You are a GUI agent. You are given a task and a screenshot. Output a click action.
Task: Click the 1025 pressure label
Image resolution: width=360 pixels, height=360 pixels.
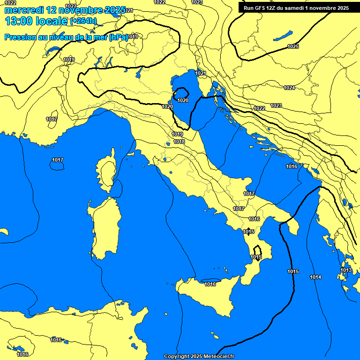click(x=293, y=46)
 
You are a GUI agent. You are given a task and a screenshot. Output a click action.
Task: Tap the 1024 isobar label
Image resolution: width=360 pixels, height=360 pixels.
click(x=289, y=88)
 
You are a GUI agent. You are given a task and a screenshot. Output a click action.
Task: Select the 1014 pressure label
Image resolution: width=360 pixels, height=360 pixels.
click(x=315, y=277)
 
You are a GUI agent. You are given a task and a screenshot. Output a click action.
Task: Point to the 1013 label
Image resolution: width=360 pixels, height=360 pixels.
click(x=346, y=270)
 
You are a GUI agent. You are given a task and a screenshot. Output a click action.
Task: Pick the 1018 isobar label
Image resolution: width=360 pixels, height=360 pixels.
click(x=179, y=142)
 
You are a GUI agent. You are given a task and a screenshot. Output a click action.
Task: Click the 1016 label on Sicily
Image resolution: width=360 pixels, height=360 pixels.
click(x=210, y=284)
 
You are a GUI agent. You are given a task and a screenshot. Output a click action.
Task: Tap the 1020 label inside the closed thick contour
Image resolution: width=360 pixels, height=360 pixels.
click(x=183, y=100)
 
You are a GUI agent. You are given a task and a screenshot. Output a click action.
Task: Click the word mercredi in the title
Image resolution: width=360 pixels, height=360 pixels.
click(x=21, y=10)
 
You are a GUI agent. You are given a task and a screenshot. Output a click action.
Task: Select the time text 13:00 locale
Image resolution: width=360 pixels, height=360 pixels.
click(x=36, y=21)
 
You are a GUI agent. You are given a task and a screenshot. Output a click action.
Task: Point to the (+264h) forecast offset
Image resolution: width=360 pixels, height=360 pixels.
click(x=83, y=21)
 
